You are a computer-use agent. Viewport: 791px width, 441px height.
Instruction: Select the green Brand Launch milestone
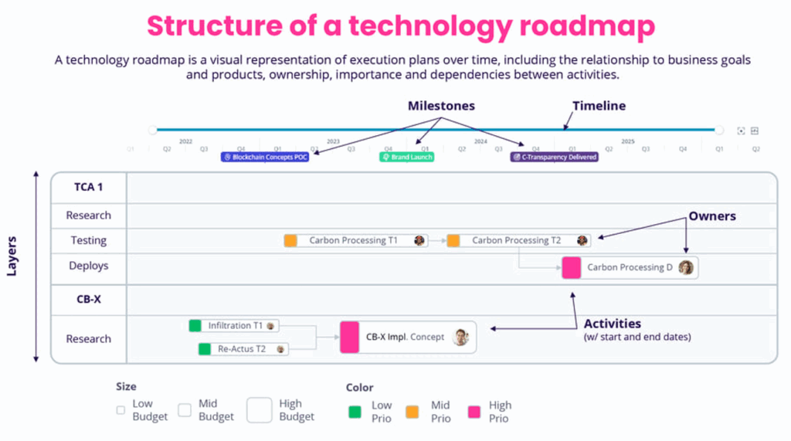406,157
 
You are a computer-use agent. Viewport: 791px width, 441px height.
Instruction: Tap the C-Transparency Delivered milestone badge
555,157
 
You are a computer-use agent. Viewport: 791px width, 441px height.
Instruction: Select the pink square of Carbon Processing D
572,267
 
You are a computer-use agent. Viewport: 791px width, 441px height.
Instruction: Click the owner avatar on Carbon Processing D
686,267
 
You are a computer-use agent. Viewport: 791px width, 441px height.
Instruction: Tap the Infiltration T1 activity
235,326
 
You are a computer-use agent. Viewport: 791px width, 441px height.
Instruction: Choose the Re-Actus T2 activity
243,349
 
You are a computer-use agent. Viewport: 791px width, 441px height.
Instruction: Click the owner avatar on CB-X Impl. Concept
460,337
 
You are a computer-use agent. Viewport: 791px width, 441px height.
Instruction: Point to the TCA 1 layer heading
89,188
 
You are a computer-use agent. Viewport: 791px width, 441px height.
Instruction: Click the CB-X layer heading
89,299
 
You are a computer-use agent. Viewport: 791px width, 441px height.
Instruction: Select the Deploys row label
89,266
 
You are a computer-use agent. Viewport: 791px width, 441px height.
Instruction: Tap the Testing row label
89,240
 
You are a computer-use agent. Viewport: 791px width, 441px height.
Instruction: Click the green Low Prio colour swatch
355,411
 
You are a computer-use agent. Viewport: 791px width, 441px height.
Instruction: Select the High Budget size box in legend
260,409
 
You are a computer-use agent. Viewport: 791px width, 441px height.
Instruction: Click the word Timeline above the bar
599,106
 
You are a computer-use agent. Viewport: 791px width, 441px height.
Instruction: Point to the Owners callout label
712,216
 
